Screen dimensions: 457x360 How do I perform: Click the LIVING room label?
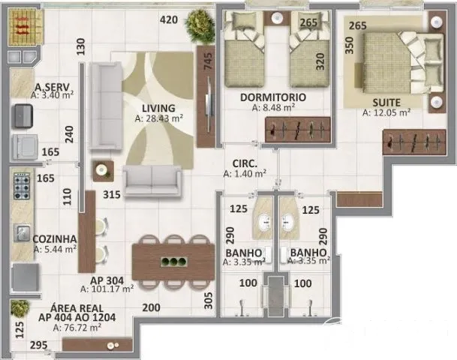[x=158, y=108]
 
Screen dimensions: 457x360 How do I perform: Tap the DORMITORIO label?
[x=273, y=97]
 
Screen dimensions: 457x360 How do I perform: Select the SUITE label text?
[x=386, y=103]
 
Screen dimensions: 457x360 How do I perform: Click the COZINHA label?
[x=55, y=239]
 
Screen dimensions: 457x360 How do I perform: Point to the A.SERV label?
[x=53, y=87]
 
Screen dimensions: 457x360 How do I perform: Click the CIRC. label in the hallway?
[x=245, y=163]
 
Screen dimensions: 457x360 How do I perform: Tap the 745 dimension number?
[x=208, y=61]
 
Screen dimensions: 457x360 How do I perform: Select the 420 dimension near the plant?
[x=169, y=19]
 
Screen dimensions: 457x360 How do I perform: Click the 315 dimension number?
[x=112, y=194]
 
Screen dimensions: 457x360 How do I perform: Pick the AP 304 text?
[x=107, y=280]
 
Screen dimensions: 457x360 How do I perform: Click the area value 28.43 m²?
[x=159, y=118]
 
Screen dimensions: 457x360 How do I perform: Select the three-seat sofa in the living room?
[x=106, y=106]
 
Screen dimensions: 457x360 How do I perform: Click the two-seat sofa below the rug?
[x=152, y=180]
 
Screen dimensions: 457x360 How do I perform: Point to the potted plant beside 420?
[x=200, y=25]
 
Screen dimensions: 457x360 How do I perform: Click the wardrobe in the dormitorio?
[x=298, y=130]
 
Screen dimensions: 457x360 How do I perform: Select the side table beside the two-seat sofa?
[x=103, y=171]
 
